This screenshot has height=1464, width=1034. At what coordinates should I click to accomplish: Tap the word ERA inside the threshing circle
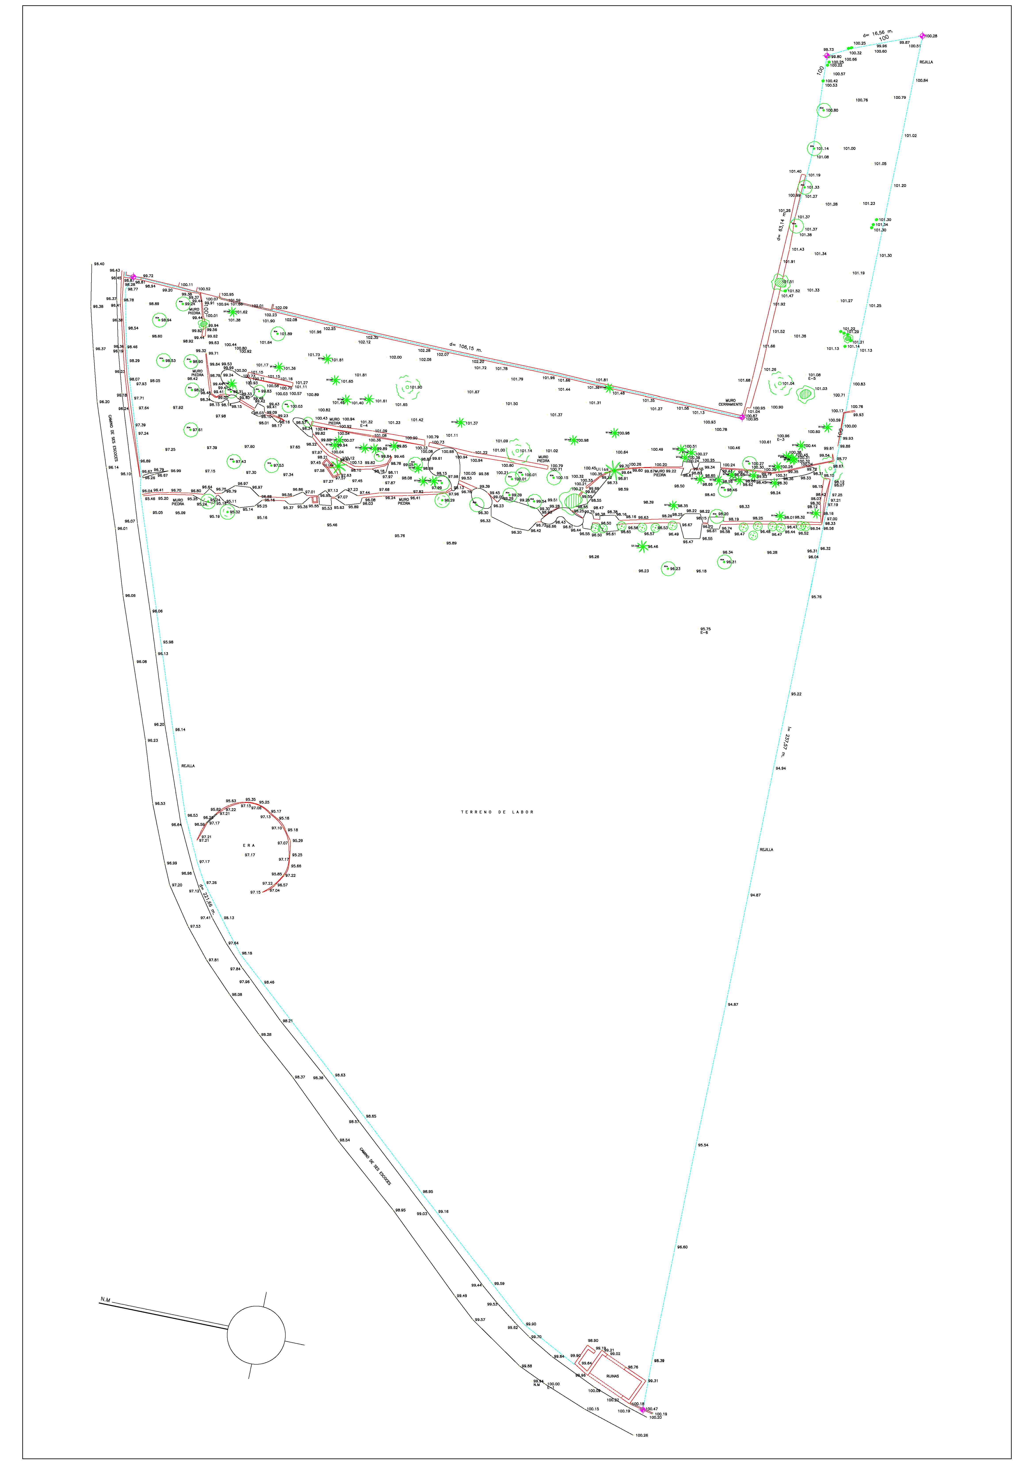[249, 846]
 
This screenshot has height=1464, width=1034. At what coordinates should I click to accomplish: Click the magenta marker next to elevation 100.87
[741, 417]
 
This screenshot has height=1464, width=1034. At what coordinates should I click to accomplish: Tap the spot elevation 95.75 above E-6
[705, 629]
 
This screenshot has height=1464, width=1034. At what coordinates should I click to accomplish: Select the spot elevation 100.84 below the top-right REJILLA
[922, 80]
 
